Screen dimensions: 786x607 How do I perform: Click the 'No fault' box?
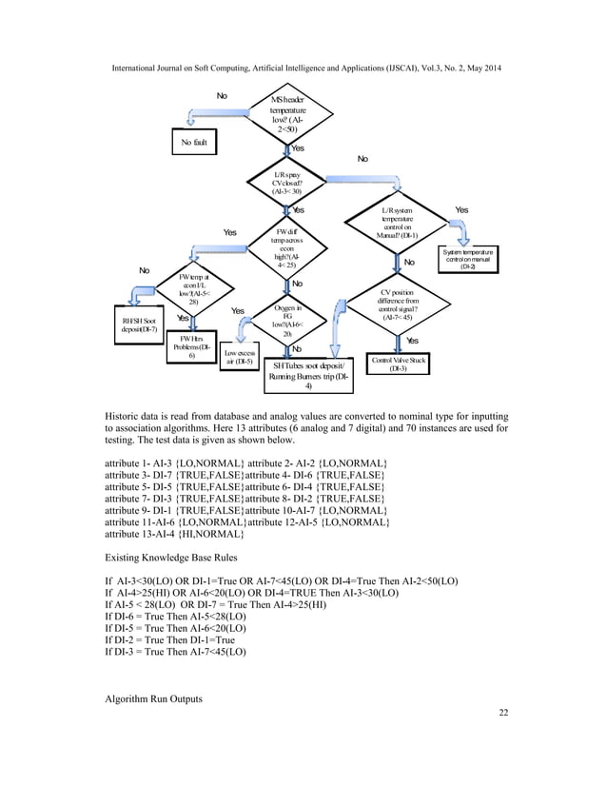(193, 142)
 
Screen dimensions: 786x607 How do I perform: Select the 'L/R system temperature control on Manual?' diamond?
(397, 222)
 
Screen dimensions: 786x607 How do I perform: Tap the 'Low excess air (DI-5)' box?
(237, 356)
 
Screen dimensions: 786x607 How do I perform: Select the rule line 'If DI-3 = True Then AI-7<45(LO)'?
(177, 652)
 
